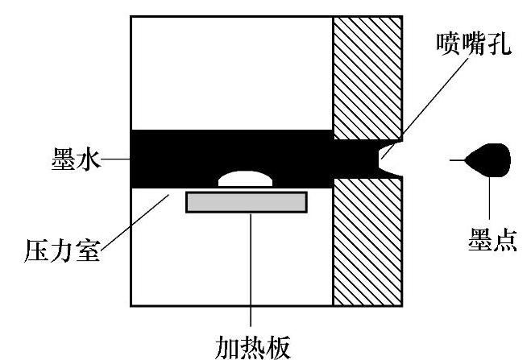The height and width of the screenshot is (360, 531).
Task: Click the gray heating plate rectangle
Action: (246, 201)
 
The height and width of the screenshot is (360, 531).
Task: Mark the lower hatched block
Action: (367, 242)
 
